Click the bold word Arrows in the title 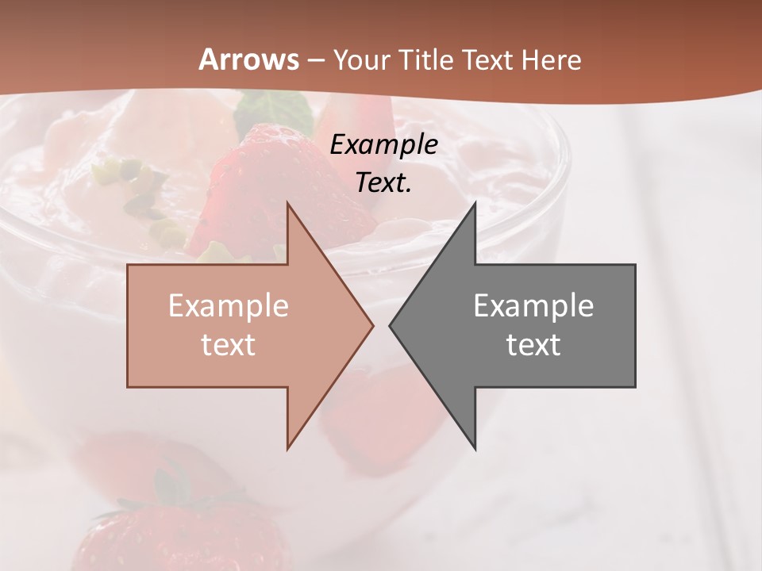pyautogui.click(x=249, y=59)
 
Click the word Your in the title pyautogui.click(x=361, y=60)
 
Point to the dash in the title pyautogui.click(x=316, y=60)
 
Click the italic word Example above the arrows pyautogui.click(x=384, y=144)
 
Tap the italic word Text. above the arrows pyautogui.click(x=384, y=182)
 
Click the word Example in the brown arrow pyautogui.click(x=229, y=305)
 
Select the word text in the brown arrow pyautogui.click(x=229, y=344)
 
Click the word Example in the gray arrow pyautogui.click(x=533, y=305)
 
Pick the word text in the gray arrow pyautogui.click(x=533, y=344)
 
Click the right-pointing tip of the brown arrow pyautogui.click(x=373, y=325)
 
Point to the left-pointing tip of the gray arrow pyautogui.click(x=390, y=325)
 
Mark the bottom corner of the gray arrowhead pyautogui.click(x=475, y=449)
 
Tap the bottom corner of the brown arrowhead pyautogui.click(x=287, y=449)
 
